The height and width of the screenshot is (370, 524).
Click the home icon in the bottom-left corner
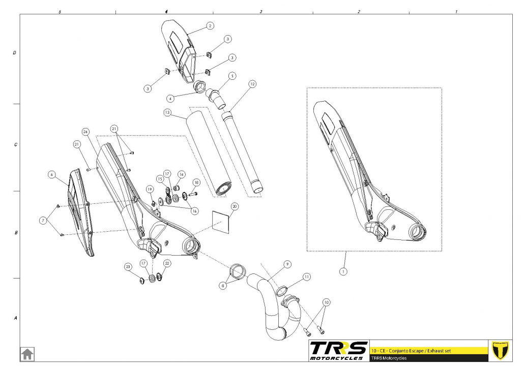point(27,353)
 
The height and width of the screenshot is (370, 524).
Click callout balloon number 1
point(344,271)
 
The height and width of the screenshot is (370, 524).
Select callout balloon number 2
point(210,25)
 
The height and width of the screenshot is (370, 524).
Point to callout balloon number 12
point(252,83)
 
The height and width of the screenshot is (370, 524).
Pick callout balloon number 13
point(166,112)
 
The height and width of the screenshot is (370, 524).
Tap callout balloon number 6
point(51,174)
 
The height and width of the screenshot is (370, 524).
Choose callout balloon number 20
point(234,206)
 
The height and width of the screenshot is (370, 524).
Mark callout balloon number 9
point(287,264)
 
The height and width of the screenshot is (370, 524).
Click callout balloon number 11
point(306,276)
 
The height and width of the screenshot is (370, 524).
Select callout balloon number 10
point(326,302)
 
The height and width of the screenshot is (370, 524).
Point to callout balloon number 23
point(128,266)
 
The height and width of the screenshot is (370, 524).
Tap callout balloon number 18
point(196,182)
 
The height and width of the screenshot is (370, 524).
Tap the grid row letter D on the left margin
point(15,52)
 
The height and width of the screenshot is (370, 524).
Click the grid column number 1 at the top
point(456,11)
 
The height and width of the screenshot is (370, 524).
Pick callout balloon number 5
point(232,76)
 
